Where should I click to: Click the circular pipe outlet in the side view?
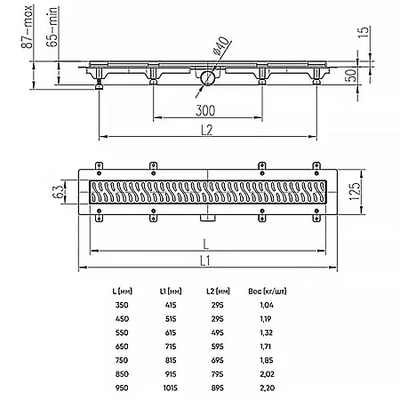point(206,79)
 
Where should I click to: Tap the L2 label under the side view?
point(205,129)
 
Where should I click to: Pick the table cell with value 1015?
point(169,388)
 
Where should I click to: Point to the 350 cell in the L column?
point(121,304)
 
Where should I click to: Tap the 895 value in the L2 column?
point(215,388)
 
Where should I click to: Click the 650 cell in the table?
point(121,346)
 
